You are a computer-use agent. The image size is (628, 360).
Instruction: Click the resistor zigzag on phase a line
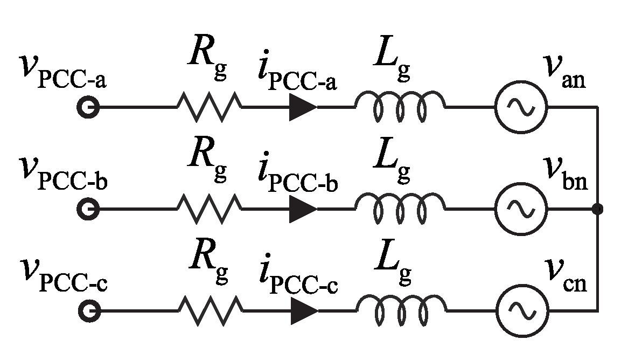tap(209, 107)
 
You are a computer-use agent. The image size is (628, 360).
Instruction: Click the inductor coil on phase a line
tap(400, 106)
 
